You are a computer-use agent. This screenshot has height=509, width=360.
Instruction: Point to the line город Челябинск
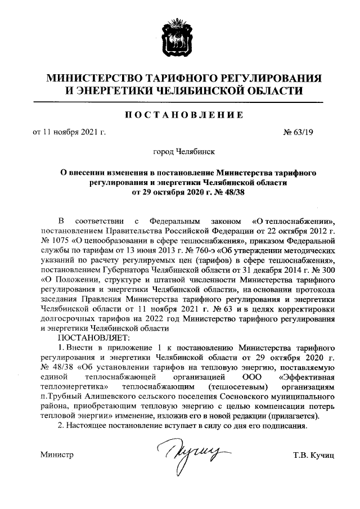click(180, 151)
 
